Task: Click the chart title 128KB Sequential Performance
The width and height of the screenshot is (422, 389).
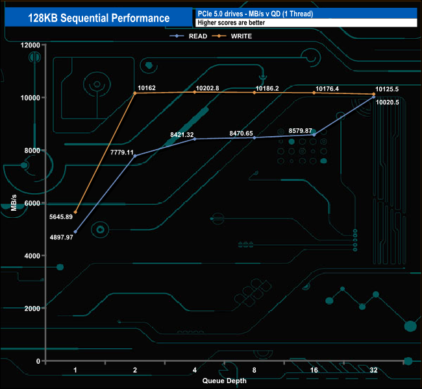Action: (x=99, y=18)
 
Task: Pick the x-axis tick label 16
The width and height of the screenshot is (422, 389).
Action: (x=315, y=371)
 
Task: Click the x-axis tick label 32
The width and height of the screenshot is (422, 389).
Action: (x=375, y=371)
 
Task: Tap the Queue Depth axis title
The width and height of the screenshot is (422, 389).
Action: (x=225, y=381)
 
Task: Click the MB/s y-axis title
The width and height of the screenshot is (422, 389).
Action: (x=14, y=202)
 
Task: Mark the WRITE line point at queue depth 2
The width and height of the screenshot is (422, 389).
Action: (x=135, y=93)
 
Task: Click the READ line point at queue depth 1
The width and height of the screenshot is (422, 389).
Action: (x=75, y=231)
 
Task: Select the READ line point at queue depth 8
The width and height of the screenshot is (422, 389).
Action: (x=254, y=137)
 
